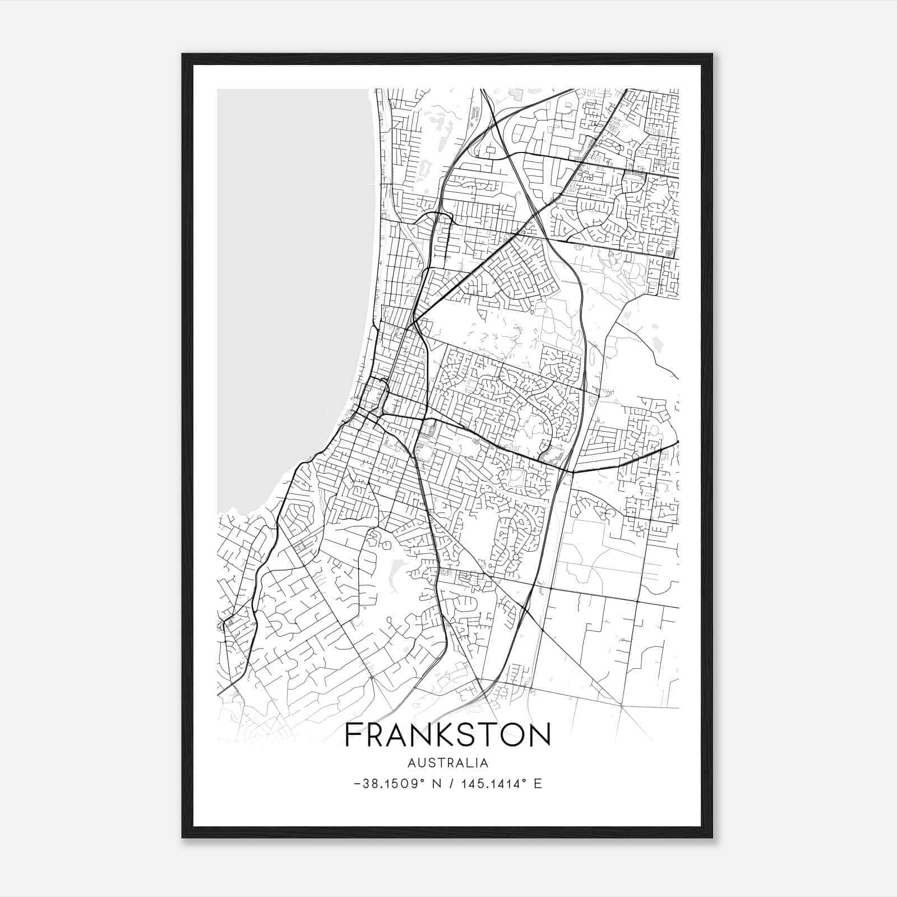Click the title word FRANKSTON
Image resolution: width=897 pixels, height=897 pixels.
click(447, 735)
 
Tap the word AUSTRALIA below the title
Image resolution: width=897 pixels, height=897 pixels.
click(448, 763)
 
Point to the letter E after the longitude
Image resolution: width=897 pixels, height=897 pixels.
click(538, 784)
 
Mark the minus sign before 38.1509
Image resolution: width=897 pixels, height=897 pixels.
click(358, 784)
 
